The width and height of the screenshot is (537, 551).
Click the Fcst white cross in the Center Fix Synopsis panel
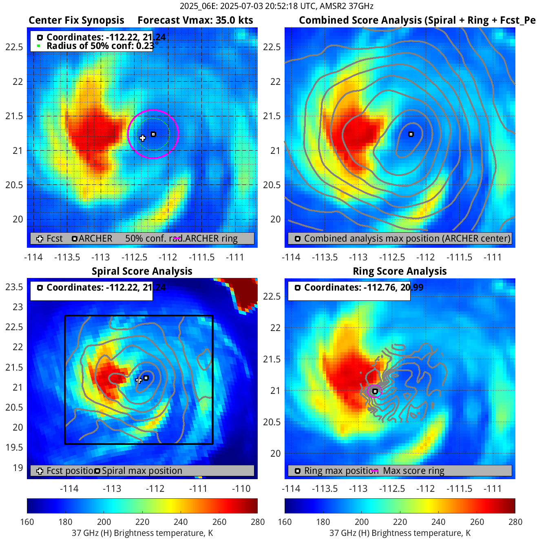(142, 138)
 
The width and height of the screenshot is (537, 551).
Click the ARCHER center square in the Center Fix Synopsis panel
(153, 134)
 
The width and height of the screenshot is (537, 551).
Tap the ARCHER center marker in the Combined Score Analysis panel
(411, 134)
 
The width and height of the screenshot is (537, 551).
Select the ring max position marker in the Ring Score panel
(375, 391)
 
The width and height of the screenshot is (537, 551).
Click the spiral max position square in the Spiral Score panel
(146, 378)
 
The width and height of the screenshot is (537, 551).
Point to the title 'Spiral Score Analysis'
(142, 271)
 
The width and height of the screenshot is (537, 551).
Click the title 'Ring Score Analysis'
(400, 271)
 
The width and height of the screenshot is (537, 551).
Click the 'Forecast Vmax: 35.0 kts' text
(195, 20)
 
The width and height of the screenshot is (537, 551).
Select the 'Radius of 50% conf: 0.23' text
(100, 46)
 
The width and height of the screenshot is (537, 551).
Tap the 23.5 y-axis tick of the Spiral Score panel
(14, 287)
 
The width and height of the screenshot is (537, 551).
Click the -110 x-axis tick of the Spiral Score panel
(241, 489)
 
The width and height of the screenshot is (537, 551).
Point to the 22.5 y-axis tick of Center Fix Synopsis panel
(14, 47)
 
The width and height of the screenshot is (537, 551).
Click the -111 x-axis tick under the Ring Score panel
(493, 489)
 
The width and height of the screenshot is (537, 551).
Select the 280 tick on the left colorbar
(257, 522)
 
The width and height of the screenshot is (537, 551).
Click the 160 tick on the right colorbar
(285, 522)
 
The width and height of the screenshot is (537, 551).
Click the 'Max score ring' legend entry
(413, 471)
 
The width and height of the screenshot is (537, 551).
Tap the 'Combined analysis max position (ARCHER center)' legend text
(407, 238)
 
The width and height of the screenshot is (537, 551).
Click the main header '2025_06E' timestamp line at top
(276, 6)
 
